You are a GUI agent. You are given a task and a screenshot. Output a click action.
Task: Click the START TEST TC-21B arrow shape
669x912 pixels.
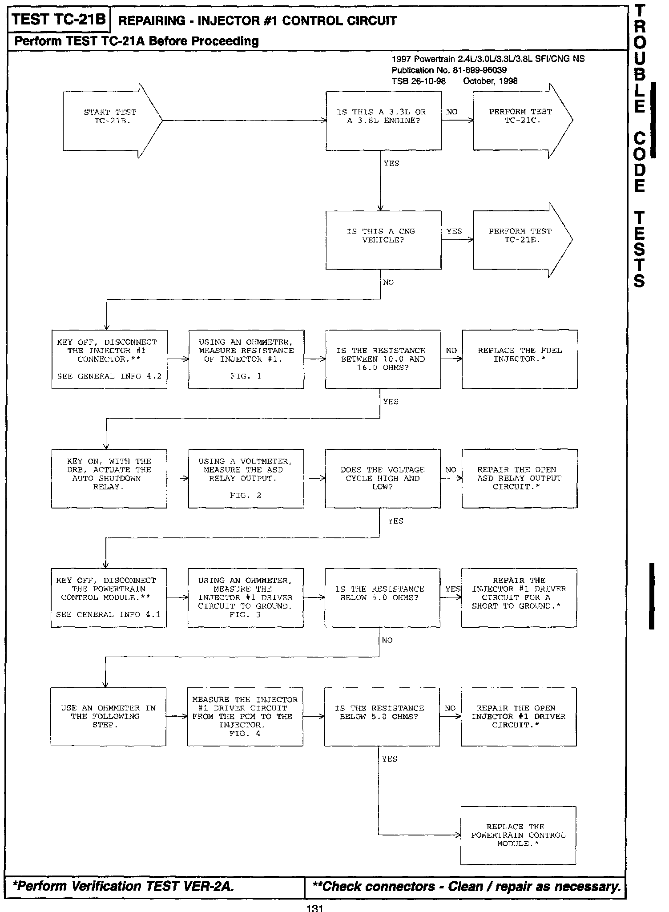(111, 121)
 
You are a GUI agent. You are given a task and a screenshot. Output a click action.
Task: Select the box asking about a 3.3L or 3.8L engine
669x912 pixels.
(383, 121)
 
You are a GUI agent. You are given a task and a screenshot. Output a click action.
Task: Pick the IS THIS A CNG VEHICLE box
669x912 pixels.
(383, 240)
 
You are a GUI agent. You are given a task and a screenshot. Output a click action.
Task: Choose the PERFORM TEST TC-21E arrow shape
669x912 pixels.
(520, 240)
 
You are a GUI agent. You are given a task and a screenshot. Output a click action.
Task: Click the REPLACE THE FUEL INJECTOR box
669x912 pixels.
(520, 359)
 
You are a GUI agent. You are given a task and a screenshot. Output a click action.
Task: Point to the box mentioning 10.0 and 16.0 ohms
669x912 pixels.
(383, 359)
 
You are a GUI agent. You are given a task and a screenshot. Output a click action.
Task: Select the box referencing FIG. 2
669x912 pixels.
(246, 478)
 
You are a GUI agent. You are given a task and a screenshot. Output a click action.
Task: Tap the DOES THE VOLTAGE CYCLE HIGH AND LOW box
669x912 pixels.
(383, 478)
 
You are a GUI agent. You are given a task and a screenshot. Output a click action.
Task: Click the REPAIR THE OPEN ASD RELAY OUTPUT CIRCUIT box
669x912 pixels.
(519, 478)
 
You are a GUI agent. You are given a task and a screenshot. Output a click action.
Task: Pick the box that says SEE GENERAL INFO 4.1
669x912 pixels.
(109, 597)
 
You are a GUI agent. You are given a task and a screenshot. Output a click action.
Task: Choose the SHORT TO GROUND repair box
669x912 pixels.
(519, 597)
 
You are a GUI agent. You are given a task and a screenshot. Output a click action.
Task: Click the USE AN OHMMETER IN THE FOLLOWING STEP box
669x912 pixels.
(108, 717)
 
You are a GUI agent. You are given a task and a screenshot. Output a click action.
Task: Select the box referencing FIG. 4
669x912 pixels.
(245, 717)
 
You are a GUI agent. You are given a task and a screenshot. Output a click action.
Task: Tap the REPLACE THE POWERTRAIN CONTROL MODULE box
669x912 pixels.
(518, 835)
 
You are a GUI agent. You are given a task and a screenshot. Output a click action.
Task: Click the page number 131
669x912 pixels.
(314, 908)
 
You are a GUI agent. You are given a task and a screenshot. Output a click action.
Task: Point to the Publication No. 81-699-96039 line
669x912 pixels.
(449, 70)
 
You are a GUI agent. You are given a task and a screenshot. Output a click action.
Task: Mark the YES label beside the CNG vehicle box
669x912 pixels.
(454, 231)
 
